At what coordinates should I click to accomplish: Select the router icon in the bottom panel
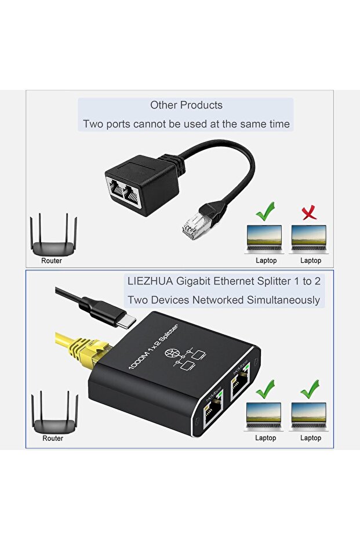(54, 412)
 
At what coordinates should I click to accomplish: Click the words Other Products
(186, 105)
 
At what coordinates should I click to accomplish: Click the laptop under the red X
(309, 238)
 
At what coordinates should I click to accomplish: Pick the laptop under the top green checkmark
(264, 238)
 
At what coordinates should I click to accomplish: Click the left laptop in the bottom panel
(265, 416)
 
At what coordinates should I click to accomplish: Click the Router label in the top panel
(52, 261)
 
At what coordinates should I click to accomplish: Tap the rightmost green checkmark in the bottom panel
(310, 389)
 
